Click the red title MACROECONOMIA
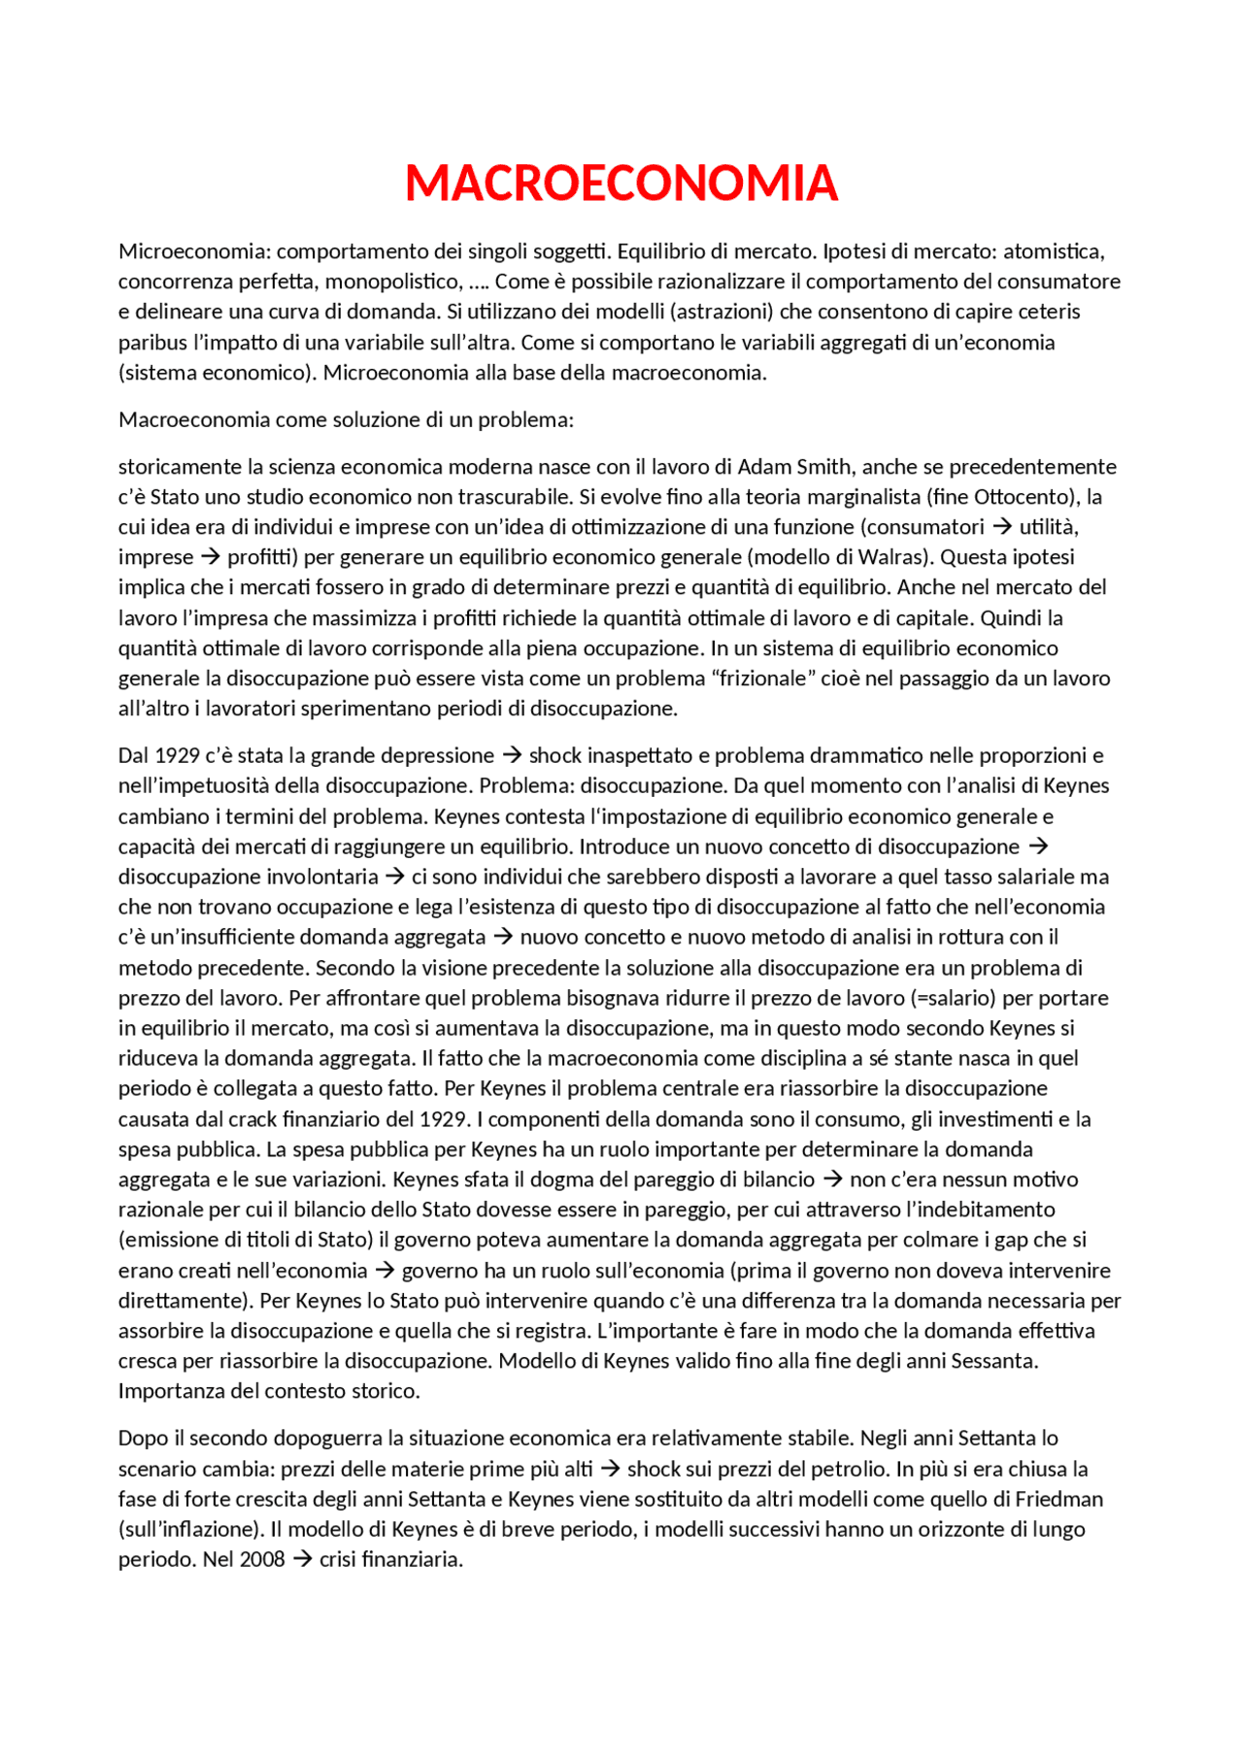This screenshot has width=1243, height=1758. [621, 183]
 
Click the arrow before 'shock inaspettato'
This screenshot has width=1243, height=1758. [512, 755]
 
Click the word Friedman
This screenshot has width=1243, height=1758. [1059, 1499]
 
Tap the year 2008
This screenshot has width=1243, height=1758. [262, 1559]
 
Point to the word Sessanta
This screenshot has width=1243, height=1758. [994, 1361]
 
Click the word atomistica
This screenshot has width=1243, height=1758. [1054, 251]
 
